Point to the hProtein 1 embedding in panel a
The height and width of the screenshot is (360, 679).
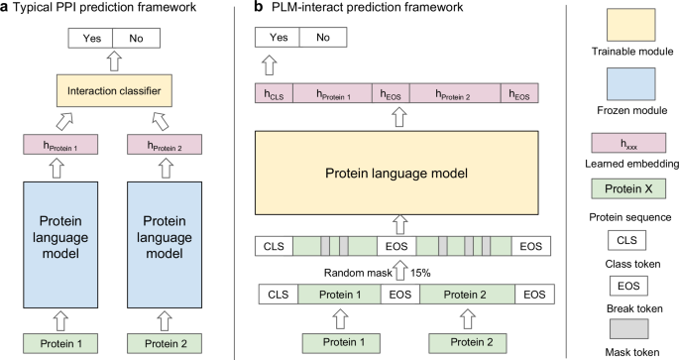51,148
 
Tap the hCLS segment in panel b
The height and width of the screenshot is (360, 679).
274,95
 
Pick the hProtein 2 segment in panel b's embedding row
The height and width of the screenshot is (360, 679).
455,95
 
